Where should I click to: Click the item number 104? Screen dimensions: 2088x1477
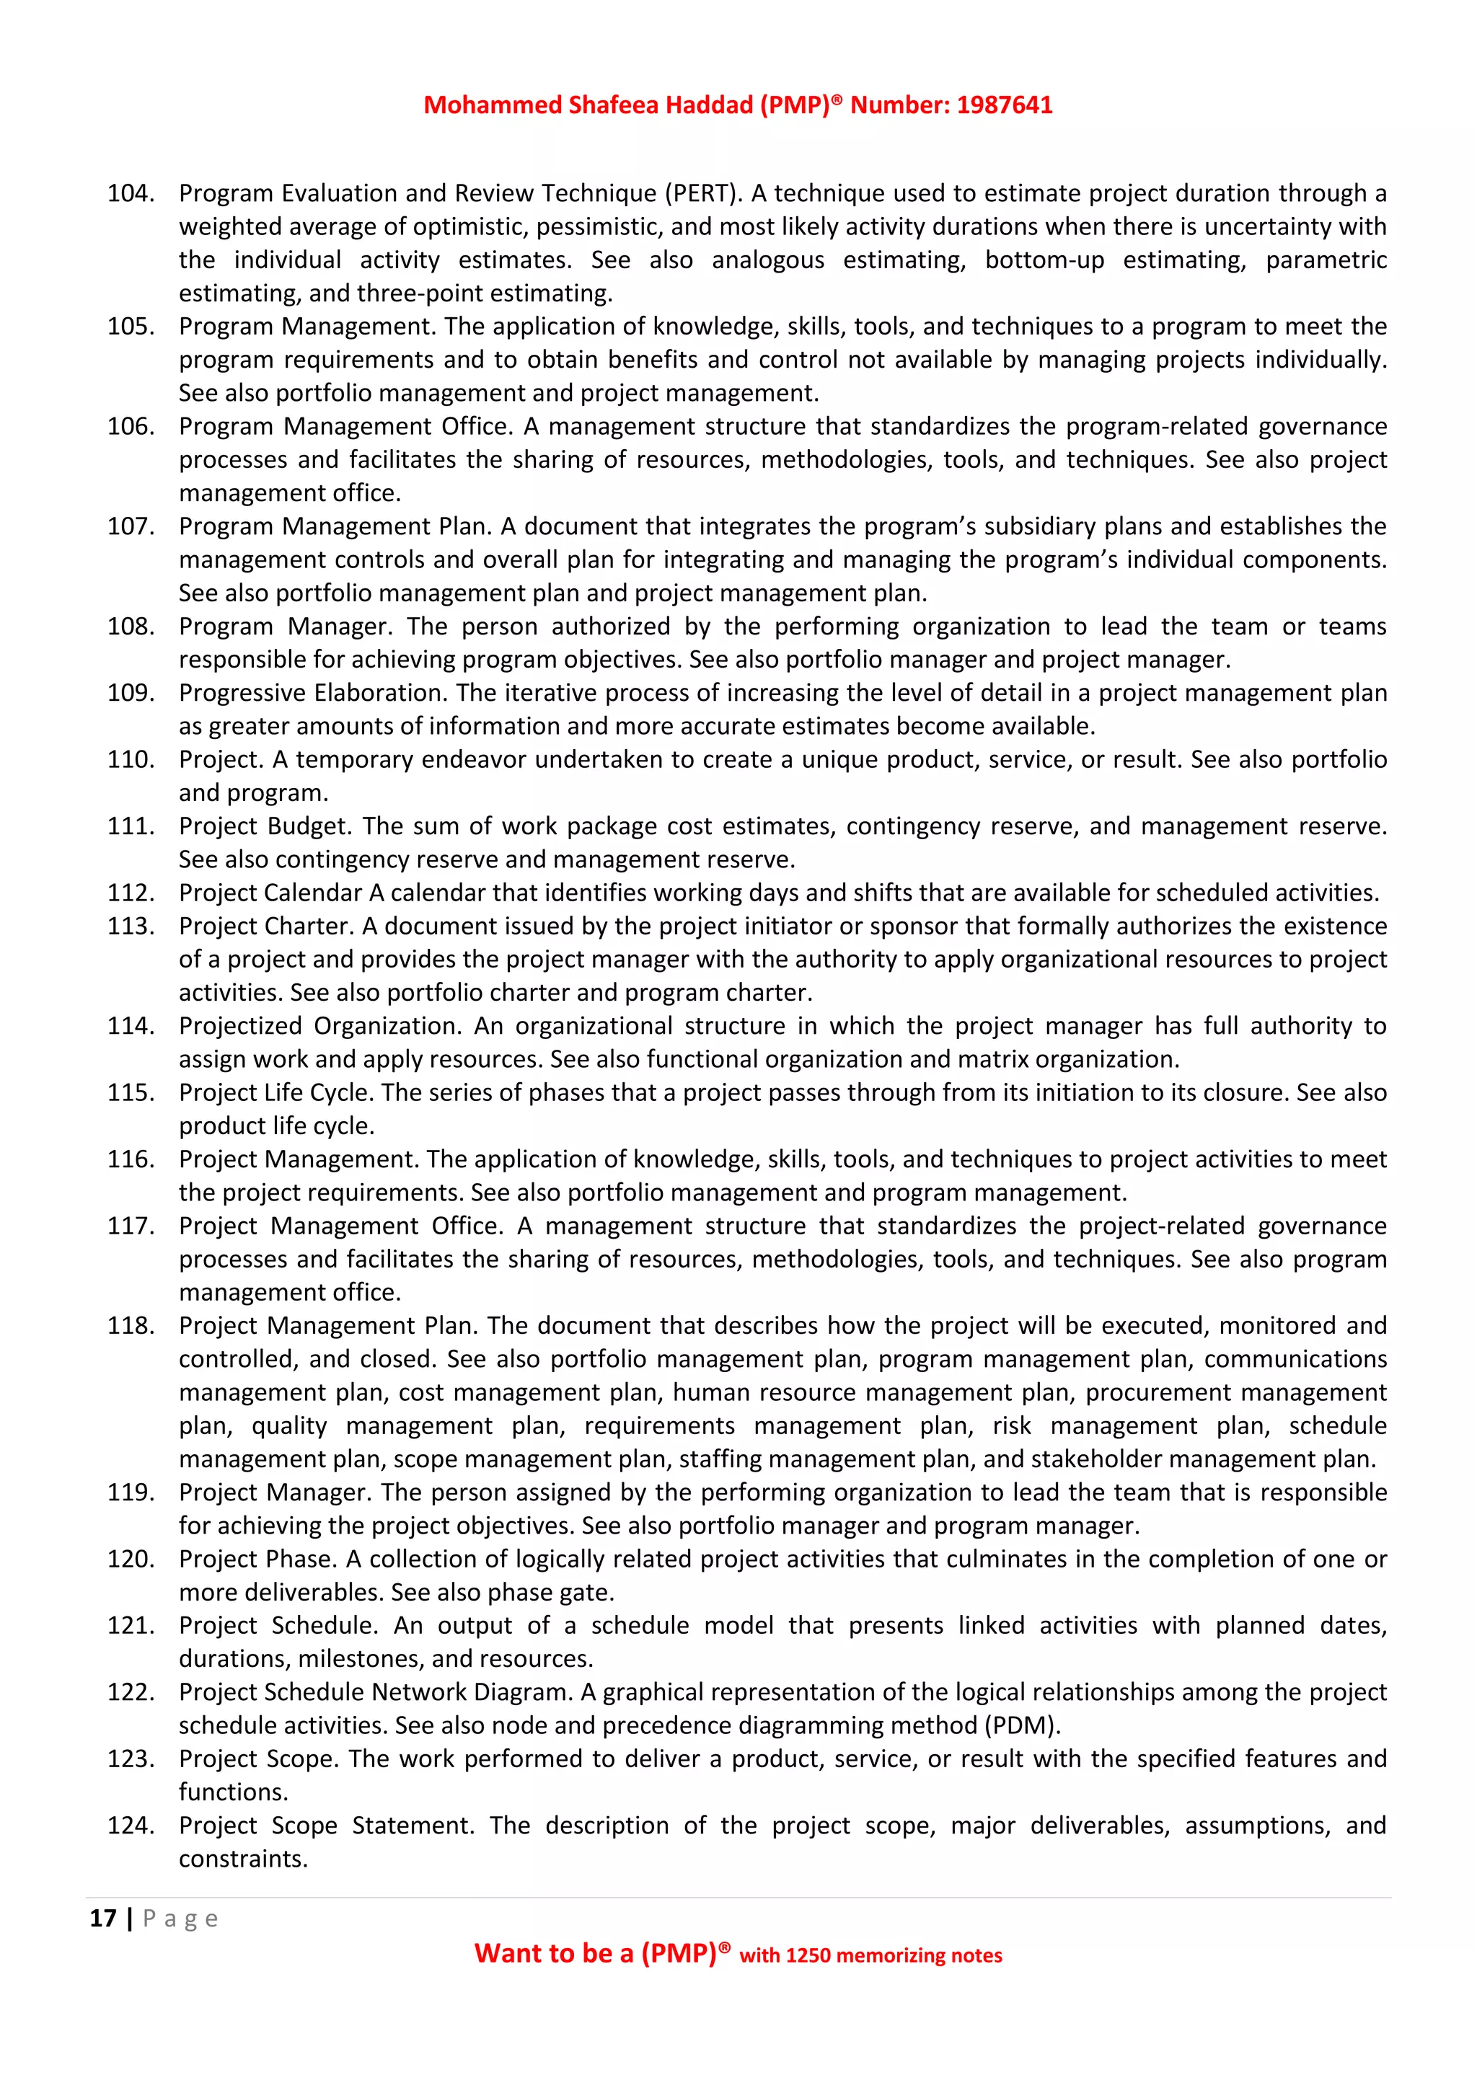(x=130, y=194)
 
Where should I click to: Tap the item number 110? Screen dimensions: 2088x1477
(x=130, y=759)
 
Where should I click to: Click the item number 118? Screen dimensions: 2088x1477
(x=130, y=1326)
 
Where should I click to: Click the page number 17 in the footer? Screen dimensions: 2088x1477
(x=103, y=1919)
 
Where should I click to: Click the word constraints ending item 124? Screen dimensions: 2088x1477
(x=242, y=1859)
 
